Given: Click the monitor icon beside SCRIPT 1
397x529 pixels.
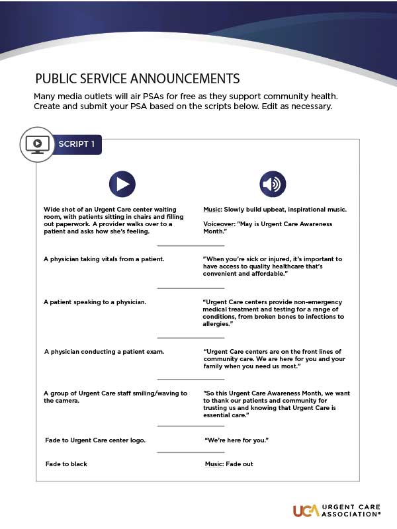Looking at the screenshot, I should coord(38,143).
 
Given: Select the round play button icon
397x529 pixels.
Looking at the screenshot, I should coord(122,184).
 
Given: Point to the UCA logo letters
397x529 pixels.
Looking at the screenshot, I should coord(306,510).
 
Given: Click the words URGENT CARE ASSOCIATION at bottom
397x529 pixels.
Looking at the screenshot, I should coord(351,510).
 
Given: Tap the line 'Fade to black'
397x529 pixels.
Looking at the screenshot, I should coord(66,464).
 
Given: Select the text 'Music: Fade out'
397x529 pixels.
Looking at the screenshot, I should coord(229,464).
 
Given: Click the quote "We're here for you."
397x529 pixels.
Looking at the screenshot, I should coord(238,440).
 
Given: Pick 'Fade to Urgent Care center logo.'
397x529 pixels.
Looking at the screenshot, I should coord(95,440).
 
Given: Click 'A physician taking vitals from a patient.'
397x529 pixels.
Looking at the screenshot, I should coord(104,259).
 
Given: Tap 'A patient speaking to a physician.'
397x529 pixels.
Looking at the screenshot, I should coord(95,302).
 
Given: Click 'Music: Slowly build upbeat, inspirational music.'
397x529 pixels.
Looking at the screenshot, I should coord(275,209).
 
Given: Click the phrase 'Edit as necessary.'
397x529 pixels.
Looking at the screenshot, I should coord(303,106).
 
